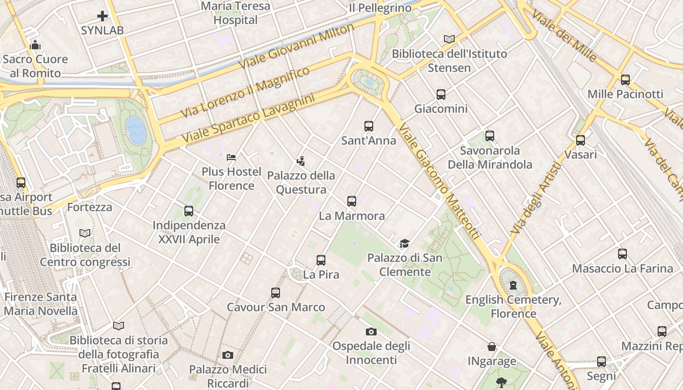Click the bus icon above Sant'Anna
point(369,126)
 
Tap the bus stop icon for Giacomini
point(441,95)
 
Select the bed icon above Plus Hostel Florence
point(231,157)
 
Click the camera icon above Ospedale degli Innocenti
point(371,332)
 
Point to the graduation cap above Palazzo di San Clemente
point(404,243)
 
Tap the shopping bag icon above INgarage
point(492,347)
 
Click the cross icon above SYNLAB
point(102,16)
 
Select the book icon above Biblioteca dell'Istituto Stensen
point(449,39)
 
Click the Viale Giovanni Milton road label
point(296,46)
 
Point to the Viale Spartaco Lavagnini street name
point(248,119)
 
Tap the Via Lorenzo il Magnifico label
point(245,92)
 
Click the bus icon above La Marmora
point(352,201)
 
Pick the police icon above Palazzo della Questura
point(301,161)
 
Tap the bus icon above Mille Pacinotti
point(625,80)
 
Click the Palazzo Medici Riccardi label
point(228,376)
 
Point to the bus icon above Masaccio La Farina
point(623,254)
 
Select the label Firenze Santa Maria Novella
point(40,304)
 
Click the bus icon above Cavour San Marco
point(276,293)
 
